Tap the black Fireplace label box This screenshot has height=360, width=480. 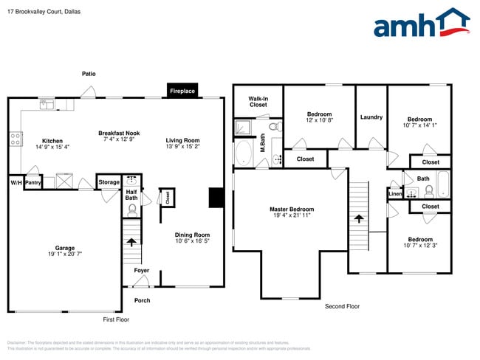182,91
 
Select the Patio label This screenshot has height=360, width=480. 89,74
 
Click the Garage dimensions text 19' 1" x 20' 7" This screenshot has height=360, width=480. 65,254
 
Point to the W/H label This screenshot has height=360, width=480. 16,182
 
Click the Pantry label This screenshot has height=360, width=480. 32,182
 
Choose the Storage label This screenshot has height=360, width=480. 109,182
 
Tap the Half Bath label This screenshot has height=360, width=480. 131,195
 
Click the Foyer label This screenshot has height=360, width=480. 141,271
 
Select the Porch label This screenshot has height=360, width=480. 142,300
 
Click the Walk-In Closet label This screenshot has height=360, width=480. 258,102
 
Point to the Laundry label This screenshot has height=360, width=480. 371,117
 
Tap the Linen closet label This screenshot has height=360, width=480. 394,194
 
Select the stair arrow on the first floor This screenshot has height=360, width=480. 131,240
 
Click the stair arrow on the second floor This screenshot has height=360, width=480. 359,218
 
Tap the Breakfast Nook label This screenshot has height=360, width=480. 119,134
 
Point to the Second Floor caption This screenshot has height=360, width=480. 342,306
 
